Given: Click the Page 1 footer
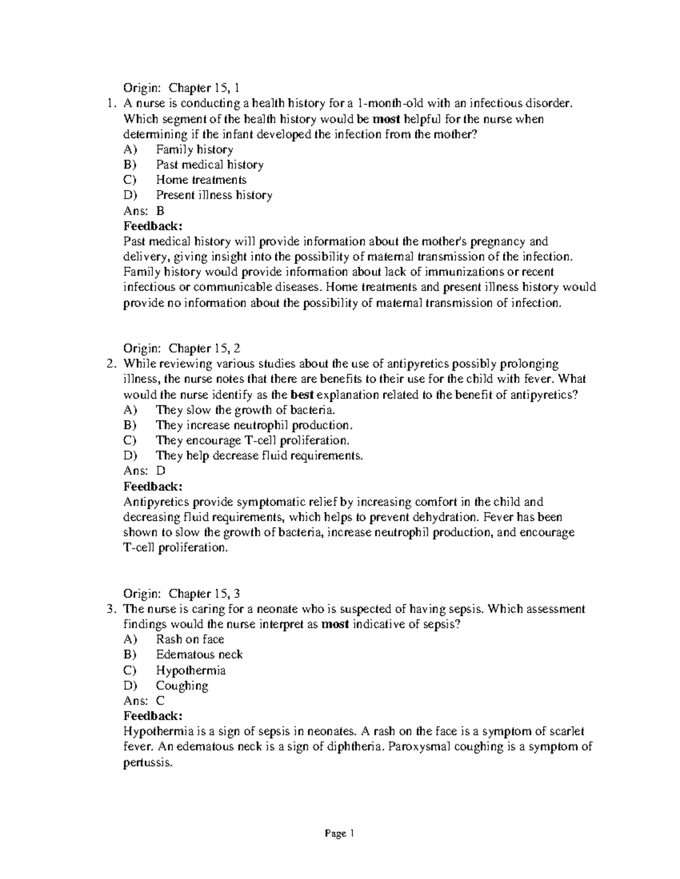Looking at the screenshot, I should pyautogui.click(x=339, y=833).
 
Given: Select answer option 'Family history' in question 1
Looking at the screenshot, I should pyautogui.click(x=194, y=149).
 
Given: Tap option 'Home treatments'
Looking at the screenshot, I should pyautogui.click(x=201, y=180).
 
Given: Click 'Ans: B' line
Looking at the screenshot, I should pyautogui.click(x=144, y=211).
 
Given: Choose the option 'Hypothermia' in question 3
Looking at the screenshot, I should pyautogui.click(x=190, y=670).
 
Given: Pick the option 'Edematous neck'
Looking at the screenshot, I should pyautogui.click(x=199, y=655).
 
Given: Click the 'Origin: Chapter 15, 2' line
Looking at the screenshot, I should pyautogui.click(x=182, y=348).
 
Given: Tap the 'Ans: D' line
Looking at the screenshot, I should pyautogui.click(x=144, y=471).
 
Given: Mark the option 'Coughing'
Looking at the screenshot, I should pyautogui.click(x=182, y=685).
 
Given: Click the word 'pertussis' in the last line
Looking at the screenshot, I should pyautogui.click(x=146, y=762).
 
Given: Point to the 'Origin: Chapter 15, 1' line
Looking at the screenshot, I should pyautogui.click(x=182, y=88).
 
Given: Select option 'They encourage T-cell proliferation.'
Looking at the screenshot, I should pyautogui.click(x=253, y=440).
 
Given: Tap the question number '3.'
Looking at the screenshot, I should pyautogui.click(x=112, y=609).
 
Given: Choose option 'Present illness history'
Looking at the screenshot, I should pyautogui.click(x=214, y=195).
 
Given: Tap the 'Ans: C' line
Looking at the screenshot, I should pyautogui.click(x=144, y=701).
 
